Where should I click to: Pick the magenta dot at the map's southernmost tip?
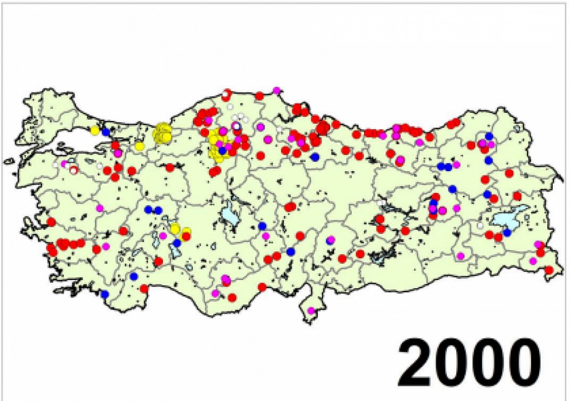[311, 310]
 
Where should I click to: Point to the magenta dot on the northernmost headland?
[277, 90]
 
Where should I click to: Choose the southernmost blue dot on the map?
[105, 294]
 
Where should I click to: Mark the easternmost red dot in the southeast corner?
[549, 270]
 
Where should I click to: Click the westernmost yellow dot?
[95, 130]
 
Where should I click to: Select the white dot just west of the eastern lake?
[480, 225]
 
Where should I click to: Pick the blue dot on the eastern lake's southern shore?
[506, 232]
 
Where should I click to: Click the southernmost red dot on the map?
[232, 297]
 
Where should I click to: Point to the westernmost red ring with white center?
[73, 170]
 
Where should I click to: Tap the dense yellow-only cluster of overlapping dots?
[163, 133]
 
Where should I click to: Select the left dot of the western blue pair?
[148, 209]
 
